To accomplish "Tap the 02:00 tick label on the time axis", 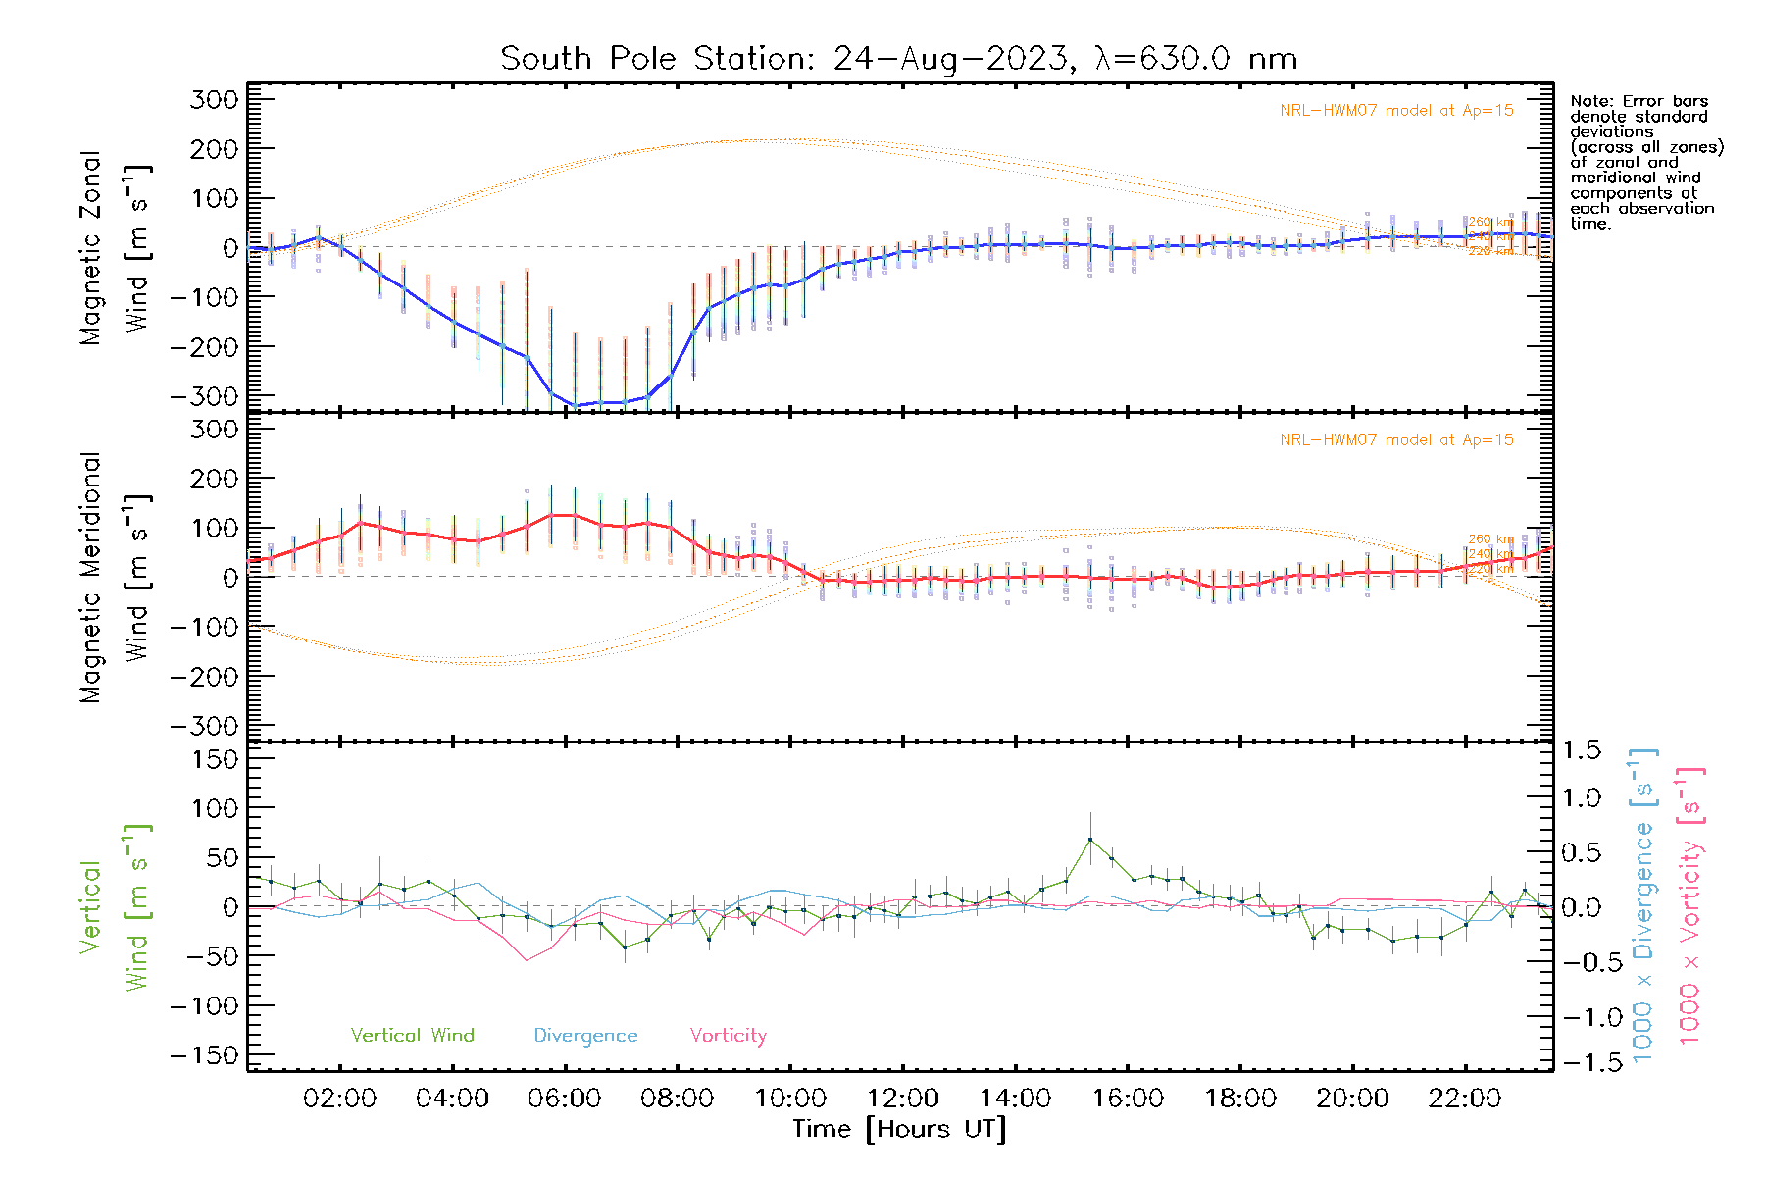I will click(339, 1099).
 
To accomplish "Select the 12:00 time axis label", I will click(902, 1099).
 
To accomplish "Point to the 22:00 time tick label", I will click(1464, 1099).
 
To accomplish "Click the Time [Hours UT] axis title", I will click(899, 1129).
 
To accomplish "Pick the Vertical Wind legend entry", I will click(412, 1035).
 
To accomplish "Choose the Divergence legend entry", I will click(585, 1035).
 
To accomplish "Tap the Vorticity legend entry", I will click(728, 1035).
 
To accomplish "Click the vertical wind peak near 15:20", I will click(1089, 839).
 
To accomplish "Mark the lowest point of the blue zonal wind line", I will click(577, 405).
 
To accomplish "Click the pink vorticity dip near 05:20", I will click(527, 960).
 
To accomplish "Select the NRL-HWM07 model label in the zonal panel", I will click(1396, 110).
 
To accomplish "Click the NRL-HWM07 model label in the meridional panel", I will click(1396, 439).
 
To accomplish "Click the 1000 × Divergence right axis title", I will click(1643, 905).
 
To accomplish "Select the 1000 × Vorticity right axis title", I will click(1690, 905).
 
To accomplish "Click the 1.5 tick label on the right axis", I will click(1581, 750).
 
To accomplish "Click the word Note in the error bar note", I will click(1590, 101).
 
